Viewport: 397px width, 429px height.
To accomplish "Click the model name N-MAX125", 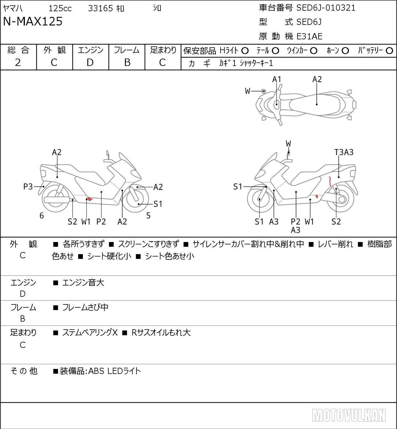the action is click(x=33, y=21).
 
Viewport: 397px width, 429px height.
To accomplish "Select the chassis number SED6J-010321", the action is click(x=326, y=8).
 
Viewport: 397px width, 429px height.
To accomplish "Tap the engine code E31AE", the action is click(x=309, y=36).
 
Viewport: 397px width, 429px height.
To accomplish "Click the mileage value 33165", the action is click(x=100, y=8).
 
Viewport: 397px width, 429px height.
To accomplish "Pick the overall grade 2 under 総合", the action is click(x=18, y=63).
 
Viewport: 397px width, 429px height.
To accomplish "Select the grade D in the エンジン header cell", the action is click(x=90, y=63).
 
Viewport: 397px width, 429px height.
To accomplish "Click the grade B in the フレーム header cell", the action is click(x=127, y=63).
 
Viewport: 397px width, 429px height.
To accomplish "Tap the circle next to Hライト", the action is click(x=245, y=51).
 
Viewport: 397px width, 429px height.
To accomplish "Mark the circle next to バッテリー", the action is click(x=389, y=51).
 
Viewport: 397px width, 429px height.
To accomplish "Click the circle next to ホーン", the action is click(x=345, y=51).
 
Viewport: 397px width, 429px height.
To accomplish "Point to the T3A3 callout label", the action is click(x=344, y=152).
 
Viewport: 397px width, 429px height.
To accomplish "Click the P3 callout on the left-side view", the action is click(x=28, y=187).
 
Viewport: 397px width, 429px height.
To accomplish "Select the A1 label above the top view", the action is click(x=277, y=80).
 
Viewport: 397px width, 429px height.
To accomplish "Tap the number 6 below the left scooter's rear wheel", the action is click(x=42, y=215).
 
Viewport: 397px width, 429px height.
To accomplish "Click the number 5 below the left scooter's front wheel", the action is click(x=148, y=215).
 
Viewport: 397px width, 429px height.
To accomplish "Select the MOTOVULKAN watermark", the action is click(x=349, y=415).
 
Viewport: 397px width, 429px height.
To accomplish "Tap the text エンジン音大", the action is click(x=83, y=283).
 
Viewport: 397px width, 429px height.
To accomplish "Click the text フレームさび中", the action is click(x=85, y=307).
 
